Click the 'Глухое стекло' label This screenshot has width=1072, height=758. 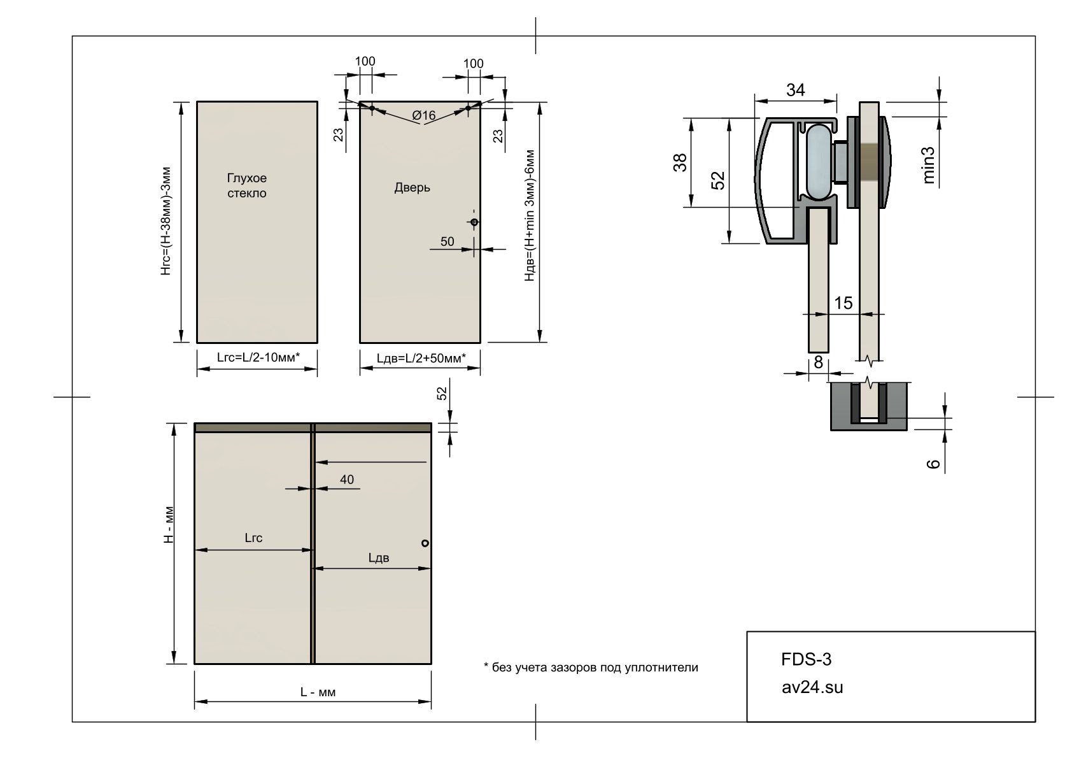246,185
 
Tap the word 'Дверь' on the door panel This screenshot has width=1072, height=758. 412,187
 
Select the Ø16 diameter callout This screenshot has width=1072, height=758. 424,115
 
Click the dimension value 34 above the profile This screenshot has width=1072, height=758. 795,90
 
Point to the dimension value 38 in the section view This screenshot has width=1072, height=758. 680,162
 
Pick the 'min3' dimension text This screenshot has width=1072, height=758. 927,165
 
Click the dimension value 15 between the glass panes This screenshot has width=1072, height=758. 843,303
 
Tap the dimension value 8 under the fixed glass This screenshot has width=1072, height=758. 819,362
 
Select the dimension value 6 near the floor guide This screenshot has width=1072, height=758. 934,464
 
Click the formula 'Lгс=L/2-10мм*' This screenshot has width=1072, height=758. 258,357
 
